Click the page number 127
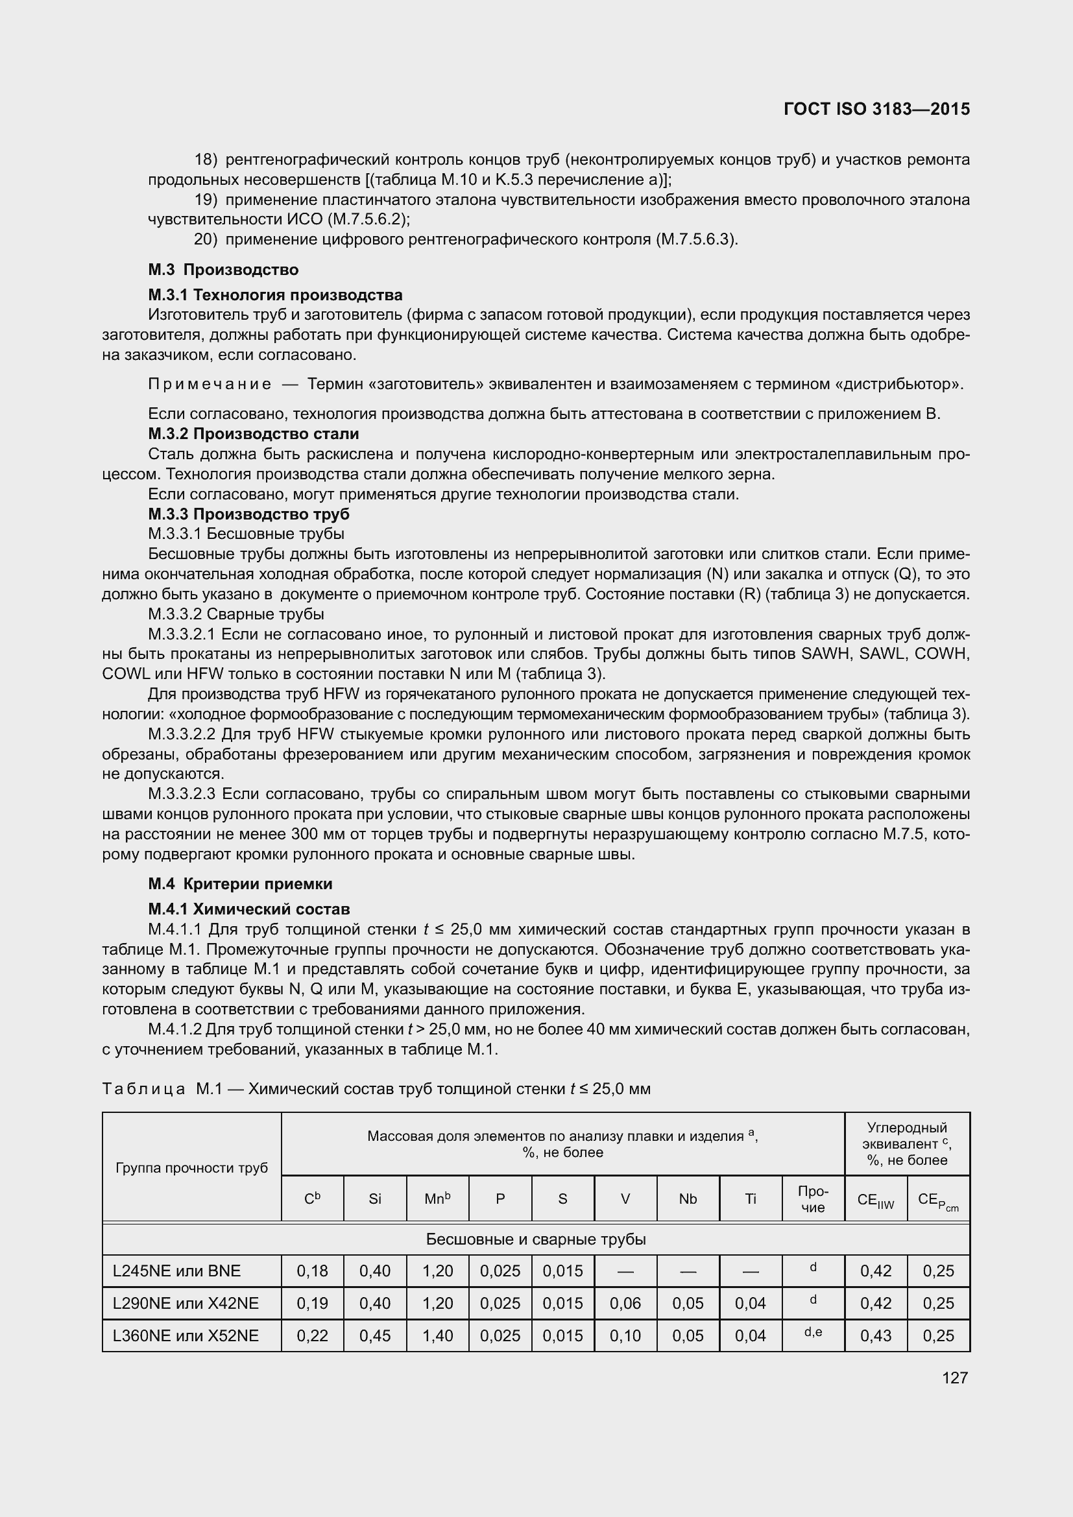(x=955, y=1378)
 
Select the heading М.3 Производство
(x=223, y=270)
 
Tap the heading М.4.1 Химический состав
(x=249, y=909)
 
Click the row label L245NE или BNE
(x=176, y=1271)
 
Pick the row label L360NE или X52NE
(x=186, y=1335)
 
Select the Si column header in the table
(x=374, y=1199)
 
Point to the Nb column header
(x=688, y=1199)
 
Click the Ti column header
(x=750, y=1199)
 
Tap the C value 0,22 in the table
(x=312, y=1335)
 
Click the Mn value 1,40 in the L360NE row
(x=437, y=1335)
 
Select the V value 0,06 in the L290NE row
(x=625, y=1303)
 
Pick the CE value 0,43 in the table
(x=875, y=1335)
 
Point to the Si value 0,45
(x=374, y=1335)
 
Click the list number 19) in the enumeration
(x=206, y=200)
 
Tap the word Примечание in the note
(x=210, y=384)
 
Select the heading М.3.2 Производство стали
(x=254, y=434)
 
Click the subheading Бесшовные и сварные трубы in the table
(x=536, y=1239)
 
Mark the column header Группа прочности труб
(x=191, y=1167)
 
